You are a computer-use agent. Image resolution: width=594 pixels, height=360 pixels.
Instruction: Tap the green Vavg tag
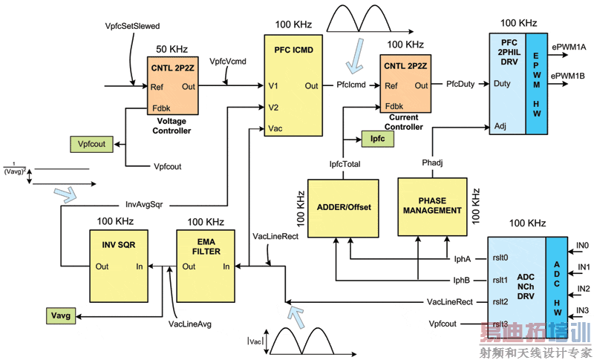59,315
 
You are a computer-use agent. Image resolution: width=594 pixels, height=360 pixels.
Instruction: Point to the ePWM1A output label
568,47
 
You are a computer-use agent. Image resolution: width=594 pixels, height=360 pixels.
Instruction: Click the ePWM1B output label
568,76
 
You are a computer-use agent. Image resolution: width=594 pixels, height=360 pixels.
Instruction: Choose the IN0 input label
583,246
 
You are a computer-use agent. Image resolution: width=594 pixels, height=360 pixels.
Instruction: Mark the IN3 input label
583,310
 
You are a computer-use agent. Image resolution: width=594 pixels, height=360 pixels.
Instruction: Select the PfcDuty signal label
461,85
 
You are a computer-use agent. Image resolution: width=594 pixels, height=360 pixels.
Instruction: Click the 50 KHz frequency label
172,49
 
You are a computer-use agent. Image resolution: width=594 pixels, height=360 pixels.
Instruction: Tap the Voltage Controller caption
173,126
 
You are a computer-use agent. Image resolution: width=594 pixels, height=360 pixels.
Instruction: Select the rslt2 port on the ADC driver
501,302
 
